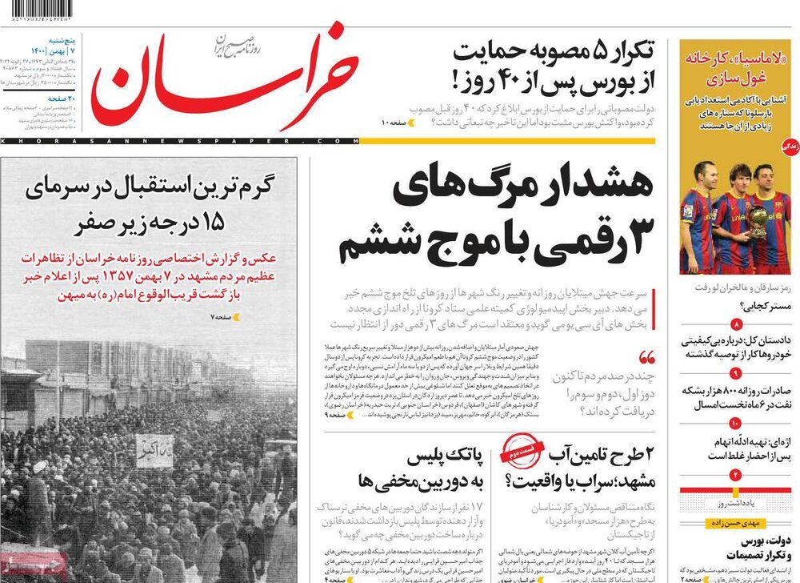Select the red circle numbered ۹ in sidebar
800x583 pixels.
(x=735, y=375)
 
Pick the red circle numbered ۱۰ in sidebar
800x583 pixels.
(x=735, y=423)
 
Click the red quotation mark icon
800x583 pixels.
(x=646, y=357)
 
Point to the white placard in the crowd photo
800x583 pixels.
(x=154, y=451)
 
